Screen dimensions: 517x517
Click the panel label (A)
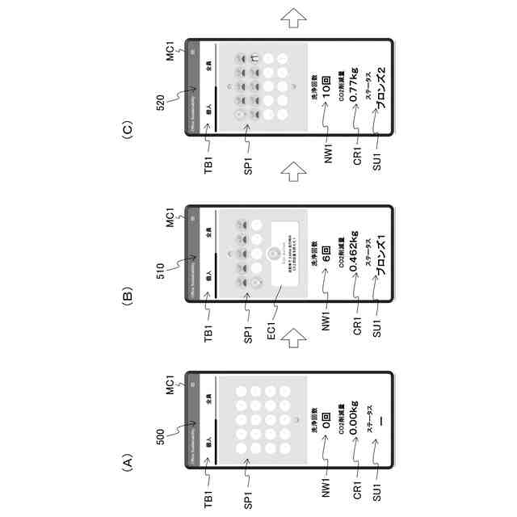(x=128, y=462)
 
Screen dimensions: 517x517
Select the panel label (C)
(x=128, y=129)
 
